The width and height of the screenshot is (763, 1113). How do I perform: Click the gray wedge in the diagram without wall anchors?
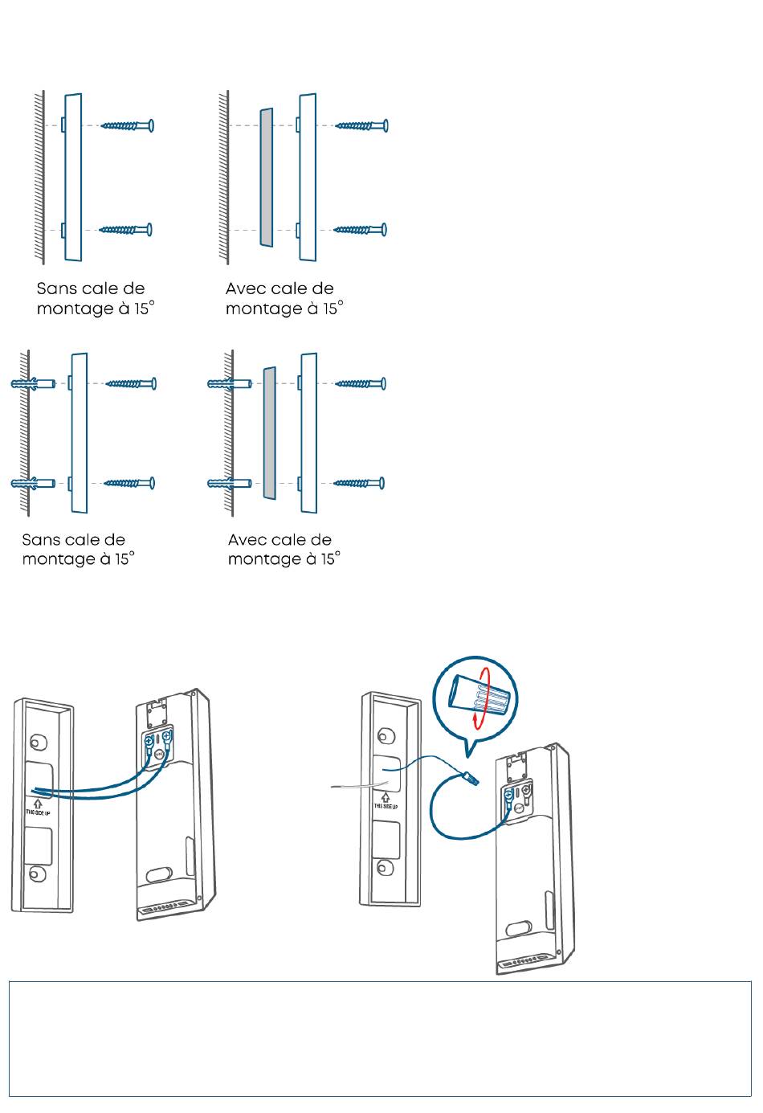[267, 177]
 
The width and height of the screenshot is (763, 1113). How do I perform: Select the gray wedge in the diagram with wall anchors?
[269, 433]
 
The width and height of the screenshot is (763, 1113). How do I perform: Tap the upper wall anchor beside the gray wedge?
[230, 383]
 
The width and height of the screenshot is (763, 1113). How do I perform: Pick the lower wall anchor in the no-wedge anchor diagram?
[33, 483]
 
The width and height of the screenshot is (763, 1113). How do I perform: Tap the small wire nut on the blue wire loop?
[471, 779]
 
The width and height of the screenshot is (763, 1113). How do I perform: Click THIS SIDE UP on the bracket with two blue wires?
[38, 812]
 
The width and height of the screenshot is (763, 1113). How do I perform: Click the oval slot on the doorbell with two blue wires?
[159, 874]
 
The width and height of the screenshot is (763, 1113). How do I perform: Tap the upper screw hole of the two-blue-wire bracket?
[36, 743]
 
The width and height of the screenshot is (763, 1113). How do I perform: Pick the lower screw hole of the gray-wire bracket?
[383, 868]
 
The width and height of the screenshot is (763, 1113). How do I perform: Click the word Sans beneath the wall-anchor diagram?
[39, 539]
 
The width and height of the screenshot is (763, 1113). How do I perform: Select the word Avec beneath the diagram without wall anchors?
[243, 288]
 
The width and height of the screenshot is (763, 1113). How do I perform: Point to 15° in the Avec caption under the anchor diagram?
[331, 559]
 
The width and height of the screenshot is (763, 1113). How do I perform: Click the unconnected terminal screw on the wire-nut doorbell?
[527, 788]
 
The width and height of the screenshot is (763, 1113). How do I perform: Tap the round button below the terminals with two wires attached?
[159, 754]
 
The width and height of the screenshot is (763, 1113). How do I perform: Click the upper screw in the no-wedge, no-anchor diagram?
[128, 125]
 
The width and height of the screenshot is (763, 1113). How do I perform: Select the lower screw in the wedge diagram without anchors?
[360, 230]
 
